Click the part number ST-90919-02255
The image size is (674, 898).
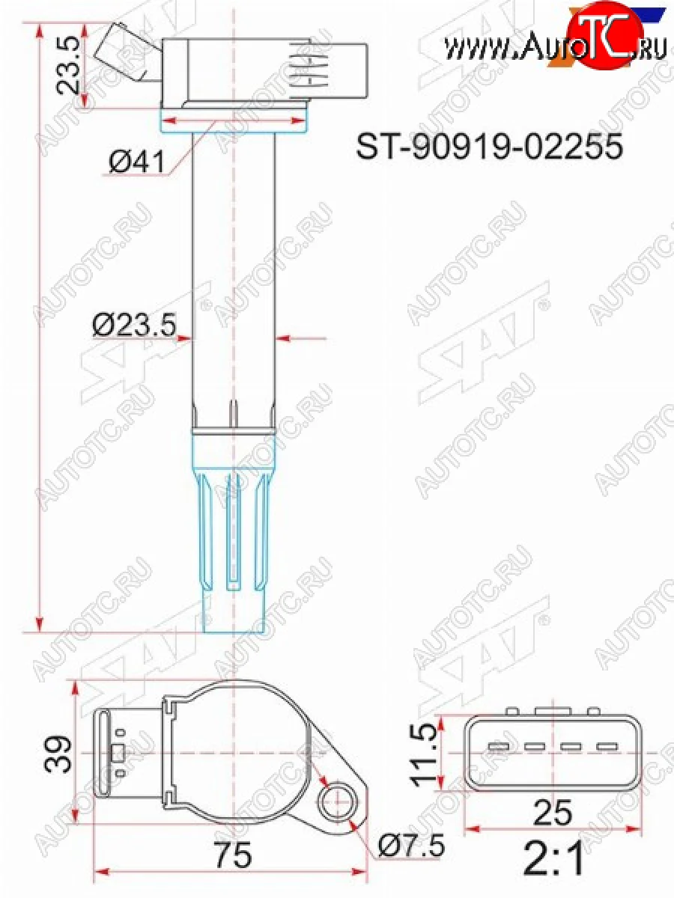(x=489, y=147)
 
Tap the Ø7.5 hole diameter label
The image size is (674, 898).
(x=411, y=846)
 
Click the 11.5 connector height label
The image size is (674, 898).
(x=424, y=754)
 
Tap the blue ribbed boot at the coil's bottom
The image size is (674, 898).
(x=234, y=531)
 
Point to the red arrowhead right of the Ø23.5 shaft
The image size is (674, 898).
(x=283, y=339)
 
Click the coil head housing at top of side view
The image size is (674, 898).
(x=262, y=71)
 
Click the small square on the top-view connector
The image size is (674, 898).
(x=117, y=753)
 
